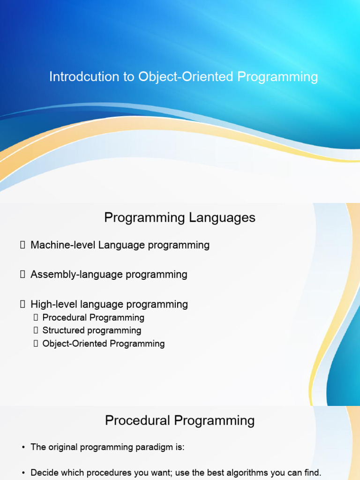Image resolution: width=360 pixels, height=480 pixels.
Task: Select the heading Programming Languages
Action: [180, 218]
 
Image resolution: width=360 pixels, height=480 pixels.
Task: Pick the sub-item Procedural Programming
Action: [93, 318]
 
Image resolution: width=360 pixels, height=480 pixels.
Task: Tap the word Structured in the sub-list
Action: [64, 330]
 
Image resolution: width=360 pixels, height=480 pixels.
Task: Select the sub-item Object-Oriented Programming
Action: [104, 344]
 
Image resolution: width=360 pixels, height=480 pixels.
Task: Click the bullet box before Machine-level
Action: [22, 245]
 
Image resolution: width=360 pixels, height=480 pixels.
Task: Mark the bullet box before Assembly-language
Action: [22, 274]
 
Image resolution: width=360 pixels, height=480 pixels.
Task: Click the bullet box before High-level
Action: [22, 304]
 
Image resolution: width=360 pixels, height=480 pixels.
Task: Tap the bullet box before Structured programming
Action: [36, 330]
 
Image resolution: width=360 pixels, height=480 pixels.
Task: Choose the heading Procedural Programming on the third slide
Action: [180, 420]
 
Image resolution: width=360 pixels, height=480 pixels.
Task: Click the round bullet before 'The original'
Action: [23, 448]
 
